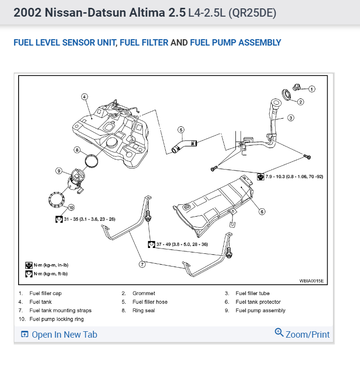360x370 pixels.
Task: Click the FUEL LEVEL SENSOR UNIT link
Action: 65,43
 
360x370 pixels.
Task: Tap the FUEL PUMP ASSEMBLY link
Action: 235,43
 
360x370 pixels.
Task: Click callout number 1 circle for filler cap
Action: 312,89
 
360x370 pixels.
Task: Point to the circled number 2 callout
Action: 301,101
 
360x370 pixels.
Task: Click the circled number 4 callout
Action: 84,97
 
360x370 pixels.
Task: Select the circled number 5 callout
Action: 181,130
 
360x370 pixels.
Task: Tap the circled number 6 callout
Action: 262,212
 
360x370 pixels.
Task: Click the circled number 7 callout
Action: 142,264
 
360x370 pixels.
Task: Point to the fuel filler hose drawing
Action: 184,146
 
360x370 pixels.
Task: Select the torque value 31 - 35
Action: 89,219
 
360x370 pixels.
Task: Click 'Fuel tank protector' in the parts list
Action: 258,302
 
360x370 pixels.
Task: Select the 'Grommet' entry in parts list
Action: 144,294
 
